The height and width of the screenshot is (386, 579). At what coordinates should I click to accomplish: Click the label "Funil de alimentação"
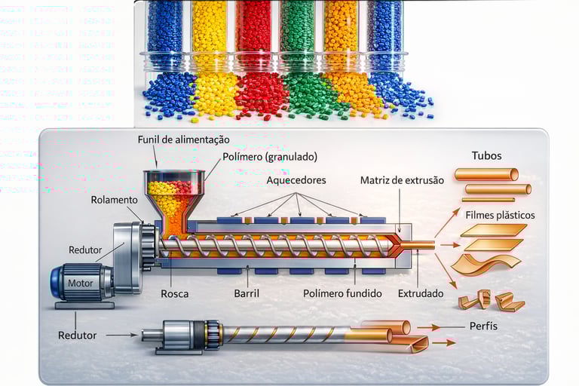183,140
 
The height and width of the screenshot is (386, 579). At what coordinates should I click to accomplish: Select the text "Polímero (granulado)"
270,157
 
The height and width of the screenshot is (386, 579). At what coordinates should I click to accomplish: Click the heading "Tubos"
486,156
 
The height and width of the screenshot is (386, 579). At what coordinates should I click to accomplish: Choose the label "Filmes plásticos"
500,215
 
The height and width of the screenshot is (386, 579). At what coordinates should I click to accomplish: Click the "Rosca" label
173,293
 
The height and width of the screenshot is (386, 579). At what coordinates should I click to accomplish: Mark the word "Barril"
248,293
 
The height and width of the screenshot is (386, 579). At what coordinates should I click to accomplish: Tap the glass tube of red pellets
253,34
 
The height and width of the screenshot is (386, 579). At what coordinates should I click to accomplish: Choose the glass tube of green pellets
297,34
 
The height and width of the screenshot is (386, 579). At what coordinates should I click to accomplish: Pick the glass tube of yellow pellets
209,34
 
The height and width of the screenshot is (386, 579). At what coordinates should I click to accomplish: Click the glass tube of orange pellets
341,34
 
